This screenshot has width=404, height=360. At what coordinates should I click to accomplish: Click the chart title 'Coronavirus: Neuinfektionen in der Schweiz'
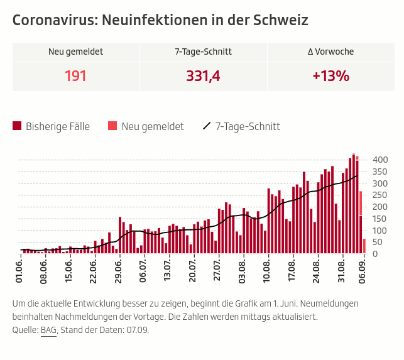coord(160,20)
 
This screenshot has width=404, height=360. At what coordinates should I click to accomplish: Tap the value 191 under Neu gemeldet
coord(75,77)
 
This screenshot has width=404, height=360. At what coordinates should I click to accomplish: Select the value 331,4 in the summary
coord(203,77)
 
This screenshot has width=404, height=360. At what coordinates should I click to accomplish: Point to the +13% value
coord(330,77)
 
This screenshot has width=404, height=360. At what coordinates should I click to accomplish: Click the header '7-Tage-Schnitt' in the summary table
coord(203,52)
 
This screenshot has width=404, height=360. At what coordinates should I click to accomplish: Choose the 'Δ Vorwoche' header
coord(330,52)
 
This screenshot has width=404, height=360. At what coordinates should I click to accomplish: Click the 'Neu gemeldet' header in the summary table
coord(75,52)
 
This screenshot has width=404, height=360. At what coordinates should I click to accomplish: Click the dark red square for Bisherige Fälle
coord(17,126)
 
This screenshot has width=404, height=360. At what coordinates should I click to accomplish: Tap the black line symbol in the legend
coord(207,126)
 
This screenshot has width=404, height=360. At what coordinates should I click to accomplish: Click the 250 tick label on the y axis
coord(381,195)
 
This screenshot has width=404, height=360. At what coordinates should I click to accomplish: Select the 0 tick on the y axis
coord(375,254)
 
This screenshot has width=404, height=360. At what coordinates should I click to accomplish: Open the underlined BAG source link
coord(48,330)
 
